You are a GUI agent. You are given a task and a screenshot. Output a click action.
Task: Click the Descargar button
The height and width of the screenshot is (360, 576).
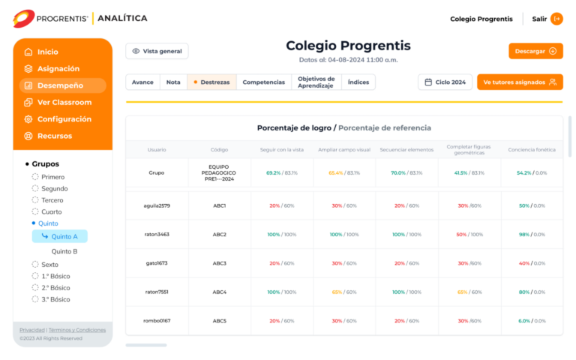535,51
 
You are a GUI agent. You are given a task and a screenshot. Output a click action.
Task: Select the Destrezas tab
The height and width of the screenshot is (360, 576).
211,82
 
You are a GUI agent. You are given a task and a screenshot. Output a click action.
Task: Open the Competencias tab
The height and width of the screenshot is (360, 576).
264,82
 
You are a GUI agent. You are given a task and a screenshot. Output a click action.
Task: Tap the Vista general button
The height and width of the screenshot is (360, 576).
157,51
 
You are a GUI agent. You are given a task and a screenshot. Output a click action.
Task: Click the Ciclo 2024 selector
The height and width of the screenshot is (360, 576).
445,82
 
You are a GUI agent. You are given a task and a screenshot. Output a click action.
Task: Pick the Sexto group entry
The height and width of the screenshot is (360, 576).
49,264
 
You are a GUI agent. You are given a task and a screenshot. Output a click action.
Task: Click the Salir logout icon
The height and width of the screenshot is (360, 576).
556,19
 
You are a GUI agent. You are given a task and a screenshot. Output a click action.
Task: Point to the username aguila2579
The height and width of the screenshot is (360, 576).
157,205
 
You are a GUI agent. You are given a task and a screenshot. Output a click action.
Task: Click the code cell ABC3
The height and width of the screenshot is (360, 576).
219,263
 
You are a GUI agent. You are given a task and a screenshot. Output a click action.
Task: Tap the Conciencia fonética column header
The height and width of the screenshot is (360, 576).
532,149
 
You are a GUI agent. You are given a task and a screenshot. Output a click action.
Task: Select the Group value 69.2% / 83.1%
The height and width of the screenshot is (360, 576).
281,172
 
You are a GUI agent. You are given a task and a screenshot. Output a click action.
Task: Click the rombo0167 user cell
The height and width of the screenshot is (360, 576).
157,321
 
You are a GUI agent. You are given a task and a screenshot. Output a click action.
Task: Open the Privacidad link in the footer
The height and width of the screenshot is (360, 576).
32,330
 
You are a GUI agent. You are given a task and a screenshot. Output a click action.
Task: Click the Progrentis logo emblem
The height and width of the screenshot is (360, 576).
23,18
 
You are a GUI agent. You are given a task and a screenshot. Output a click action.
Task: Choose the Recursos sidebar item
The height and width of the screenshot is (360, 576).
54,136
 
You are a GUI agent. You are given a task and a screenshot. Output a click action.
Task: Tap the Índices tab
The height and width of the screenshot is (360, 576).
358,82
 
